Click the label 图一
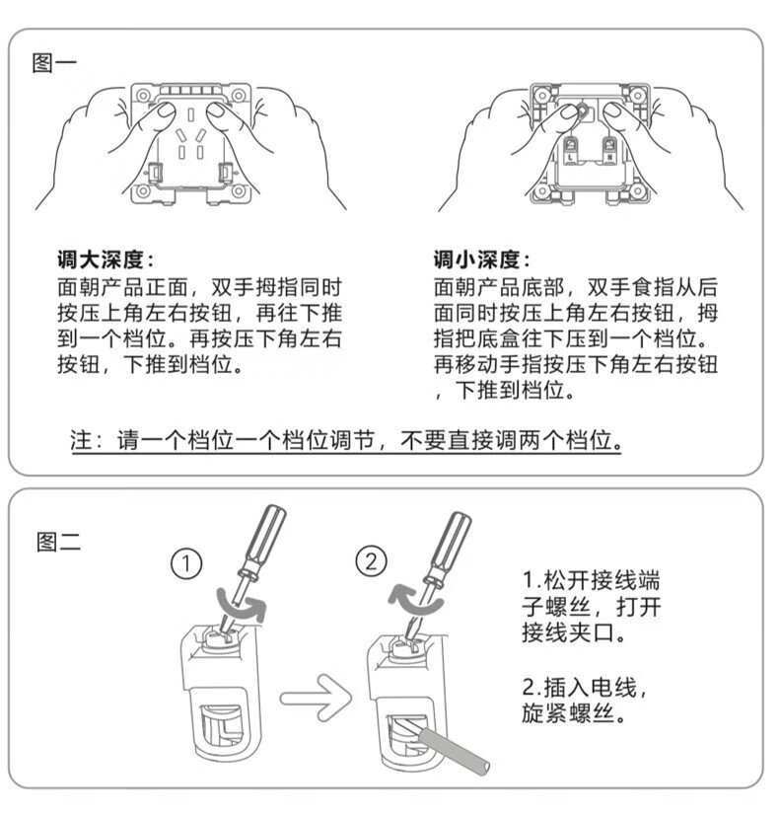[x=53, y=63]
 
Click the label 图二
[x=58, y=542]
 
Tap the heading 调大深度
[x=106, y=260]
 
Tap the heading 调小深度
[x=481, y=260]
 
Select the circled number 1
[x=186, y=563]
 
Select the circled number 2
[x=371, y=561]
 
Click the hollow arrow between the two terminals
[x=316, y=698]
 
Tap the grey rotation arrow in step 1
[x=242, y=605]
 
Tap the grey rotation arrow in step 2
[x=415, y=599]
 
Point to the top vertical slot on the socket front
[x=191, y=114]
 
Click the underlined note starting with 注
[x=346, y=440]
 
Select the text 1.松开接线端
[x=592, y=580]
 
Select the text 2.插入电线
[x=585, y=687]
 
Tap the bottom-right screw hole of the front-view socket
[x=239, y=191]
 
